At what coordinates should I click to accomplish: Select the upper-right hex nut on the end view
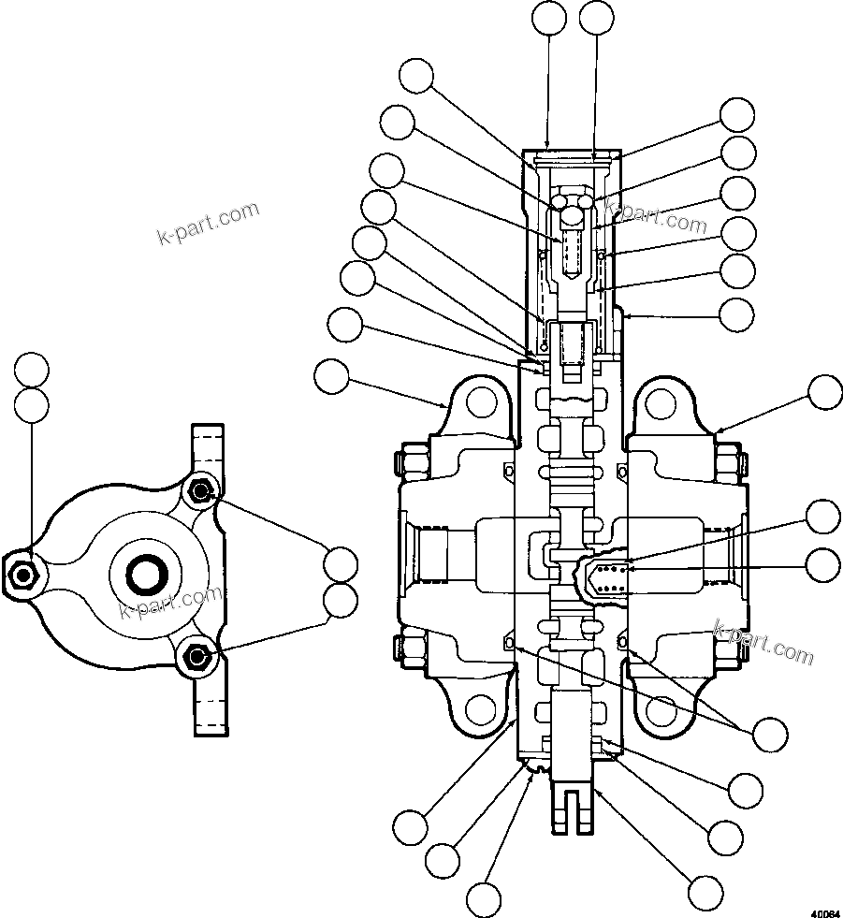(x=200, y=489)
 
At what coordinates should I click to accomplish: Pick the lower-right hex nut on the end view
(x=196, y=657)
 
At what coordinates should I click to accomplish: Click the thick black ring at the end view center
(x=148, y=573)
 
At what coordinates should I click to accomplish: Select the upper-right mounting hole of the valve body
(x=661, y=403)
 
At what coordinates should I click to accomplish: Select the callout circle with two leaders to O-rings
(x=770, y=733)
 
